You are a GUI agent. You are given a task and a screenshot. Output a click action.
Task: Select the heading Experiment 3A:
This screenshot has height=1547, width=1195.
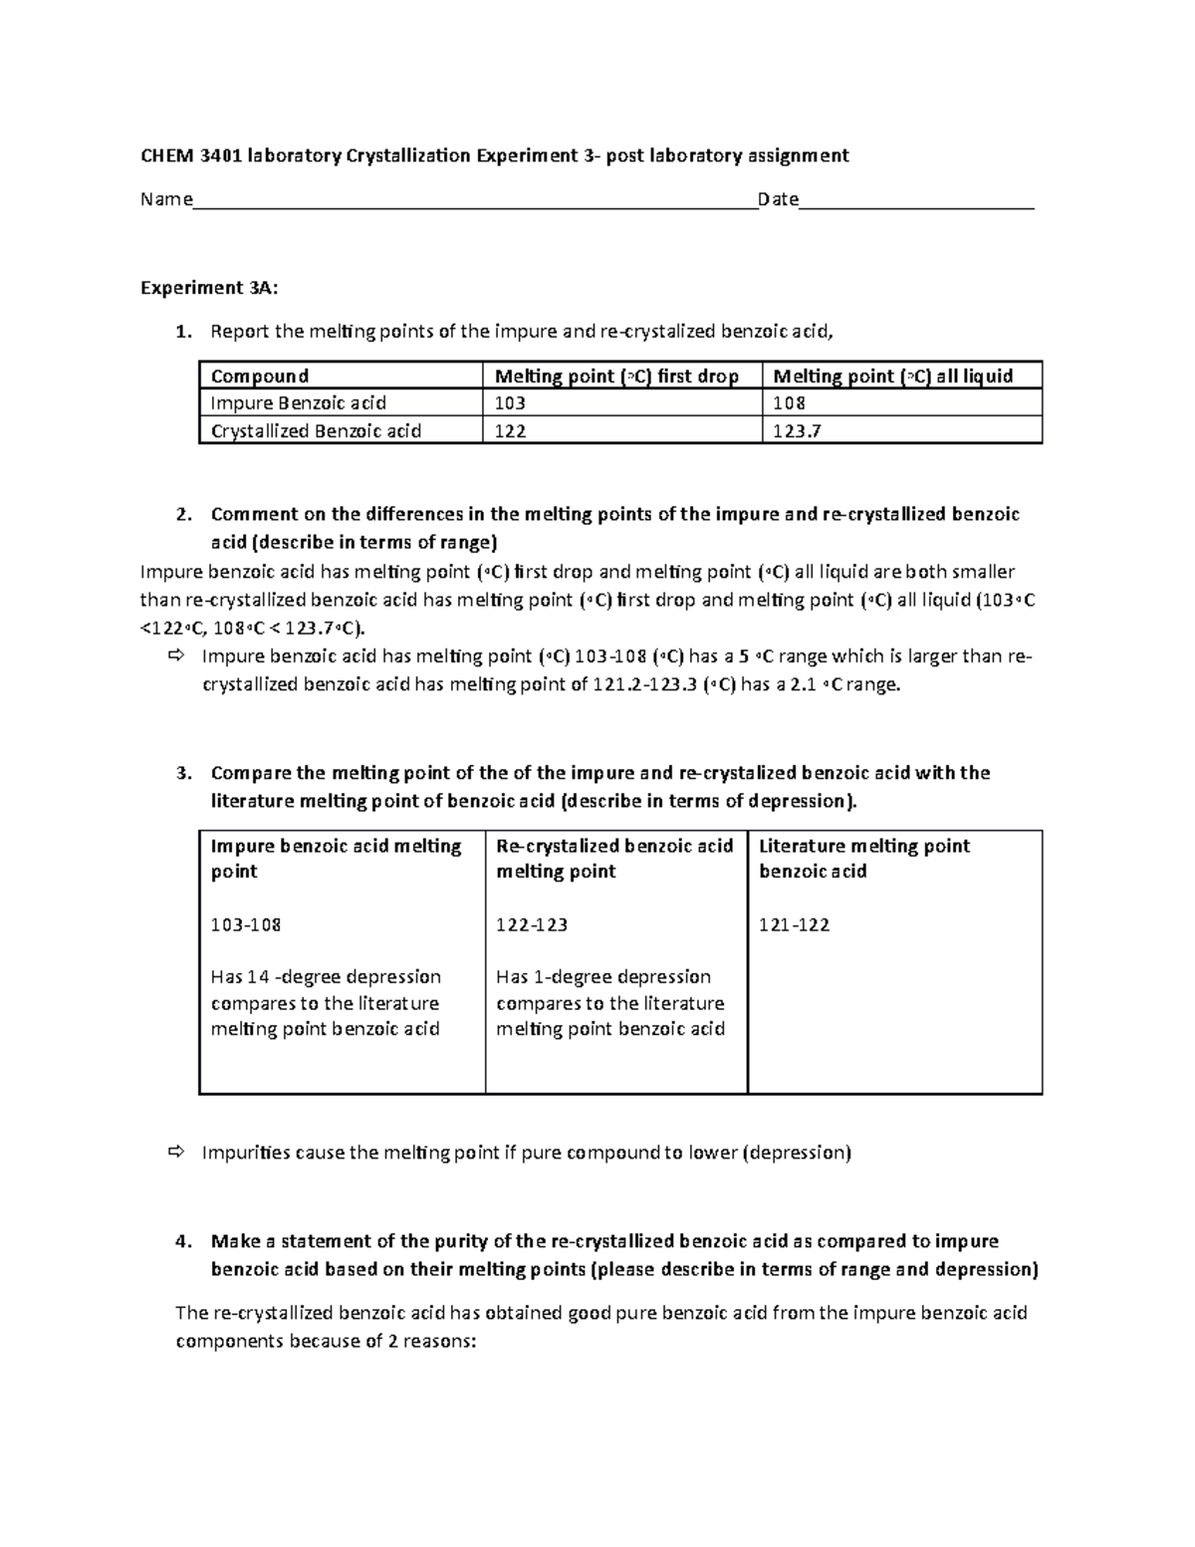pyautogui.click(x=209, y=288)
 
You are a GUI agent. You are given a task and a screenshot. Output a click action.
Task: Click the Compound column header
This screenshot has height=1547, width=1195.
pyautogui.click(x=260, y=376)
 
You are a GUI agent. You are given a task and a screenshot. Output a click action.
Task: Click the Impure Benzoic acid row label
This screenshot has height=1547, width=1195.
pyautogui.click(x=298, y=403)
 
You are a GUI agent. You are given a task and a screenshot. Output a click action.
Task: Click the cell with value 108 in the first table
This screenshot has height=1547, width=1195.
pyautogui.click(x=790, y=403)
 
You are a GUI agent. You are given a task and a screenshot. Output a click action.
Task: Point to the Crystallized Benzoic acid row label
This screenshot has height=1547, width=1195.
pyautogui.click(x=316, y=431)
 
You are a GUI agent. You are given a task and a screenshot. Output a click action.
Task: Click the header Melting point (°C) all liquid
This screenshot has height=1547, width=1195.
pyautogui.click(x=893, y=376)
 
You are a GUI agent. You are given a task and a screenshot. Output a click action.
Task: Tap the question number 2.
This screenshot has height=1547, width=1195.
pyautogui.click(x=181, y=515)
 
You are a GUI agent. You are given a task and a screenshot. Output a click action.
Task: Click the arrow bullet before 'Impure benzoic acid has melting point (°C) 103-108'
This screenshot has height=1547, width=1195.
pyautogui.click(x=177, y=656)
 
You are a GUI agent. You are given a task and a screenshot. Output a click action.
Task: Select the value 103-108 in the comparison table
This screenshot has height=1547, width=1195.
pyautogui.click(x=246, y=924)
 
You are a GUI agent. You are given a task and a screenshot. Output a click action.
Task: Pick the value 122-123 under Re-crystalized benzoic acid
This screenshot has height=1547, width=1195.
pyautogui.click(x=532, y=924)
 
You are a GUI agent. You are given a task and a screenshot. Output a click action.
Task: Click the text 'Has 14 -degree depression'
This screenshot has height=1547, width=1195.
pyautogui.click(x=326, y=976)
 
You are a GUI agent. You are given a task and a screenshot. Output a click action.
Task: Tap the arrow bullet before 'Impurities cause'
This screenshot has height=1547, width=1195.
pyautogui.click(x=177, y=1153)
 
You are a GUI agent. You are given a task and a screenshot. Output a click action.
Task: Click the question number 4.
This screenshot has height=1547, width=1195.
pyautogui.click(x=181, y=1242)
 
